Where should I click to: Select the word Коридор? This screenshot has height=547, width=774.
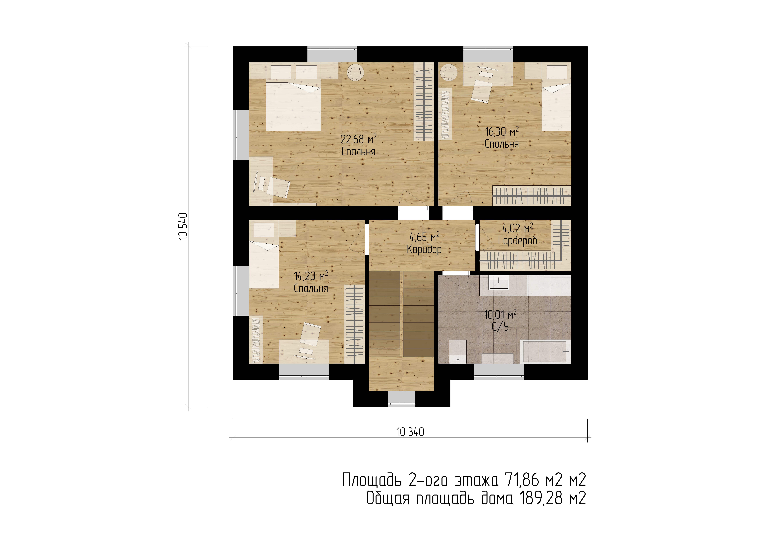coord(424,249)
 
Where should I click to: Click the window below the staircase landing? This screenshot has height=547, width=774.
coord(401,399)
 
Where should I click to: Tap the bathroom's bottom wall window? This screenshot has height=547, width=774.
coord(499,371)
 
